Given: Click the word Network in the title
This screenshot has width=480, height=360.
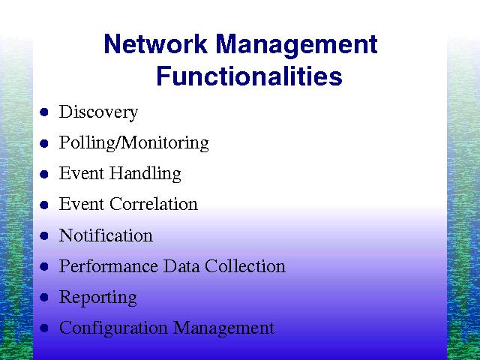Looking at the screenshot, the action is [x=156, y=44].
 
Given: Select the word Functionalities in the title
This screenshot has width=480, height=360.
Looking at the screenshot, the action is [x=249, y=76].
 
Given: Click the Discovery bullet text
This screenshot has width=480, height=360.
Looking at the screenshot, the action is [x=98, y=112].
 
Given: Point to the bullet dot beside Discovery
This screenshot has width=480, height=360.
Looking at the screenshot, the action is [x=44, y=112].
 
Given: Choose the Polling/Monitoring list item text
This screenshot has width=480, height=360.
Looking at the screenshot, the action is [x=134, y=143].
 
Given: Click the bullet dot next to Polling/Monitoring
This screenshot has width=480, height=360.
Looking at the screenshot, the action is [x=44, y=143].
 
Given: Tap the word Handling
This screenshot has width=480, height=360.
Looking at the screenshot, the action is [x=145, y=174].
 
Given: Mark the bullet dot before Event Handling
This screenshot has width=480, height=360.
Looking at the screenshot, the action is [x=44, y=174].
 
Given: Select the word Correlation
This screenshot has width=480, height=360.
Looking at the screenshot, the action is [x=154, y=204].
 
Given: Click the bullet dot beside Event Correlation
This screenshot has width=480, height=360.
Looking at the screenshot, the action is [x=44, y=205].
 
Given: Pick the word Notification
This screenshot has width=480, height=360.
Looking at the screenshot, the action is [x=106, y=235].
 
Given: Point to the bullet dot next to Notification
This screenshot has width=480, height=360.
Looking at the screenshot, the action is [x=44, y=235].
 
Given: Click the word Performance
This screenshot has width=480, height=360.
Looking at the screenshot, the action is [x=109, y=265].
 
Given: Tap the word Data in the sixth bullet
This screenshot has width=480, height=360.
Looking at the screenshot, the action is [x=181, y=265].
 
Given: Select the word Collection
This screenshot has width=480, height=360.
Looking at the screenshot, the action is [x=245, y=265].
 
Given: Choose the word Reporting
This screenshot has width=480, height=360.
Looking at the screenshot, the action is [x=98, y=298].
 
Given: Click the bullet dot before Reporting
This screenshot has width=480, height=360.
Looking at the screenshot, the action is [x=44, y=297].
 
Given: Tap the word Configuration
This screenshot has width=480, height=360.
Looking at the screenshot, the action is [x=113, y=328].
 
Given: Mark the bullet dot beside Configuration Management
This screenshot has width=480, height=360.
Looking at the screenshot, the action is [x=44, y=328].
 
